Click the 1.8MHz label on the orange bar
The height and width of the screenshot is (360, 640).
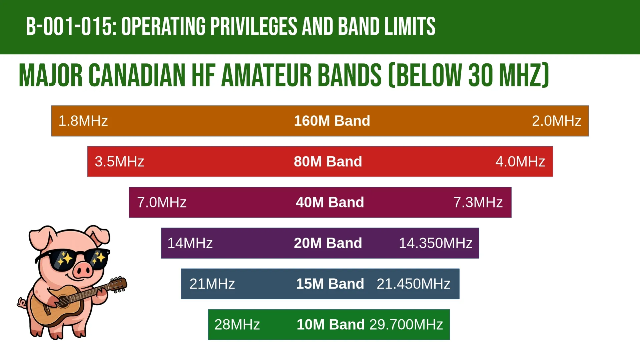[x=83, y=121]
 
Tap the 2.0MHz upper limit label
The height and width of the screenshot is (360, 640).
[x=557, y=121]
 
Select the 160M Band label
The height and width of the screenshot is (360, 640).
[x=332, y=121]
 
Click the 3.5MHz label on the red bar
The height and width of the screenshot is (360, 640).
[x=119, y=161]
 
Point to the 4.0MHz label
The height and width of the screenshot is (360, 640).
[x=520, y=161]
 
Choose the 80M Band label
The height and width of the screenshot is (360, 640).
[x=328, y=161]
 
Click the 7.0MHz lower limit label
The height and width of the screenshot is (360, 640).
[x=162, y=202]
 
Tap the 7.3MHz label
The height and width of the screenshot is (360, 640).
[x=478, y=202]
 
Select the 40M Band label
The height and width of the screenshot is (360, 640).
[x=330, y=202]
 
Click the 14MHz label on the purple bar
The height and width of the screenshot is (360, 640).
[x=190, y=243]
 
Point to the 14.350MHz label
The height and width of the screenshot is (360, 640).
[x=436, y=243]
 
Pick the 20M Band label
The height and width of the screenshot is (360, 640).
[x=328, y=243]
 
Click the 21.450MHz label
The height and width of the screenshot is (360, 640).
[x=414, y=284]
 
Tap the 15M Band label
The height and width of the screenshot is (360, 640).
[x=330, y=284]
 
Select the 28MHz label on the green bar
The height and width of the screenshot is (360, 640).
[x=237, y=324]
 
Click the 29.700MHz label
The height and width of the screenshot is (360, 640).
[x=406, y=324]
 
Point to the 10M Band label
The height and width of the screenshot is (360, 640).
[x=331, y=324]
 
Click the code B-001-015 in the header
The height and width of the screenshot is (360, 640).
[x=71, y=26]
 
